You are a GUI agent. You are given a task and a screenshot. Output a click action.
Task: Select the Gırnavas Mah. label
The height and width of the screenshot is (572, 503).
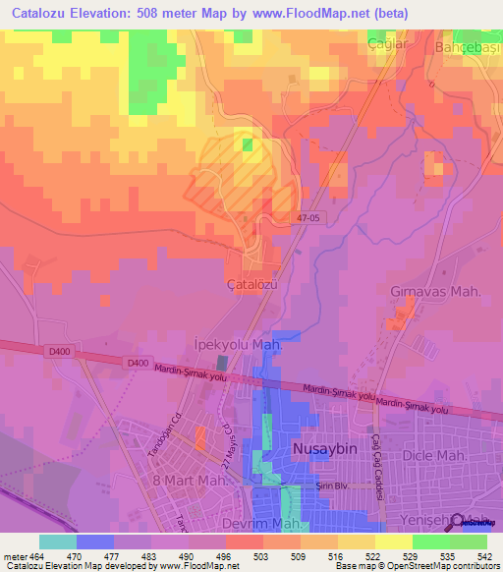pos(428,293)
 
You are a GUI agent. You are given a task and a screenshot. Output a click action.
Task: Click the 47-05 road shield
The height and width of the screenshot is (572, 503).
pos(308,220)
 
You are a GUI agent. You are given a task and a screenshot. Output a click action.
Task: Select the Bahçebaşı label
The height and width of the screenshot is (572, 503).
pos(467,47)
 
